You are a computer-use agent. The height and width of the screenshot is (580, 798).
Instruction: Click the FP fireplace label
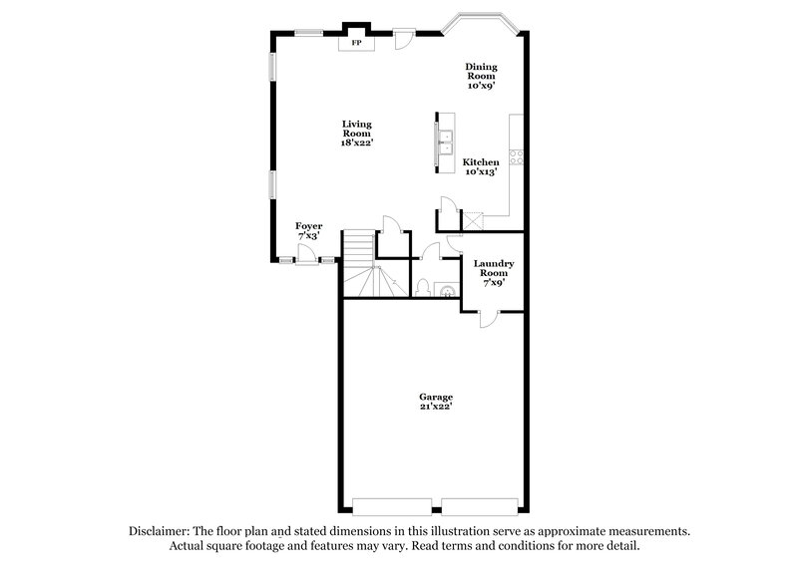pyautogui.click(x=356, y=43)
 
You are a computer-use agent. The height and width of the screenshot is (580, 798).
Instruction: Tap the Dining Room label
pyautogui.click(x=481, y=77)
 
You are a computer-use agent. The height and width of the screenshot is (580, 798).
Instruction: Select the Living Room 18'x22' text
pyautogui.click(x=356, y=134)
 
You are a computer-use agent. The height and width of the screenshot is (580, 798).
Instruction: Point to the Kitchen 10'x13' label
pyautogui.click(x=481, y=166)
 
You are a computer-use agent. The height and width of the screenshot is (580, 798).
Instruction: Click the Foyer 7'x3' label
pyautogui.click(x=308, y=232)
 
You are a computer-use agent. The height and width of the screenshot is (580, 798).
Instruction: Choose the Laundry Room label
pyautogui.click(x=494, y=272)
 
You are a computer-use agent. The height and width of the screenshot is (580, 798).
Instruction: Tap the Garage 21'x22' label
pyautogui.click(x=435, y=402)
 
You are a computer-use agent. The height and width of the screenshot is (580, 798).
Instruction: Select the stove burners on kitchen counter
pyautogui.click(x=517, y=155)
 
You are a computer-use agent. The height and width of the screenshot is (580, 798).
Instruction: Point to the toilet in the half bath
pyautogui.click(x=423, y=288)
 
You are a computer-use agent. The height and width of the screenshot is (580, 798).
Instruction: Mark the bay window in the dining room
pyautogui.click(x=479, y=22)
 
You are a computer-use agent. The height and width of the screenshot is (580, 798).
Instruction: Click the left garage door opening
pyautogui.click(x=394, y=501)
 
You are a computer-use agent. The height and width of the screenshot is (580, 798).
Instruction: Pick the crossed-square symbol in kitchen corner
pyautogui.click(x=473, y=220)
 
